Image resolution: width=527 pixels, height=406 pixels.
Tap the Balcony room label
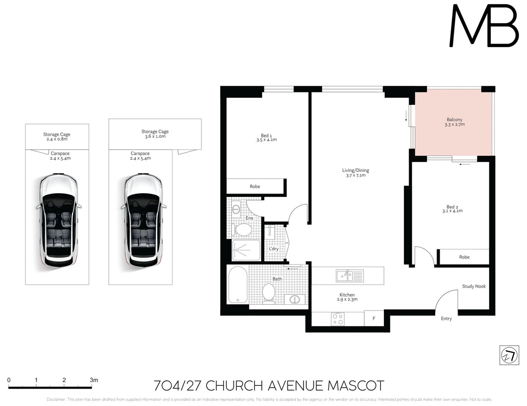click(x=454, y=120)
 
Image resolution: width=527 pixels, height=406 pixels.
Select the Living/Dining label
click(x=355, y=170)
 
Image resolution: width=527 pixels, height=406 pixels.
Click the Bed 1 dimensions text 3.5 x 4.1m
click(x=267, y=140)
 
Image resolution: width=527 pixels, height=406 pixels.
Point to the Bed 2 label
click(x=452, y=207)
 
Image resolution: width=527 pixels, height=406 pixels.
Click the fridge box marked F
click(x=374, y=318)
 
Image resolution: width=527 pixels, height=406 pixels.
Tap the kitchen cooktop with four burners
click(x=338, y=319)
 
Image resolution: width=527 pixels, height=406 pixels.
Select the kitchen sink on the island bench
click(x=349, y=276)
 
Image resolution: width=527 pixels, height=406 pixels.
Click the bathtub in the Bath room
click(x=238, y=285)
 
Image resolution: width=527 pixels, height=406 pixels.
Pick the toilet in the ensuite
click(x=242, y=230)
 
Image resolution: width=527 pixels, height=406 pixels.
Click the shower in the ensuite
click(x=246, y=250)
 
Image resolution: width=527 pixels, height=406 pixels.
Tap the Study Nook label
click(x=474, y=286)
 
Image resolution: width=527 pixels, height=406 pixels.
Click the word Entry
click(x=446, y=319)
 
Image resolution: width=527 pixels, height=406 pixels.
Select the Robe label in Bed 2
click(x=464, y=257)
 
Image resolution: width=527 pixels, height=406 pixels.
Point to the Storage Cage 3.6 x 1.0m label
click(x=155, y=134)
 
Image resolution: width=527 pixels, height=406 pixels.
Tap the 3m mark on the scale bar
click(x=94, y=380)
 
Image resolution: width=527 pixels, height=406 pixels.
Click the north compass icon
click(x=509, y=355)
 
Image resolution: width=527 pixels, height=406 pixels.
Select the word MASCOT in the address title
click(x=356, y=386)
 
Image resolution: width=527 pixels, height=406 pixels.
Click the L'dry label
click(x=274, y=249)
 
